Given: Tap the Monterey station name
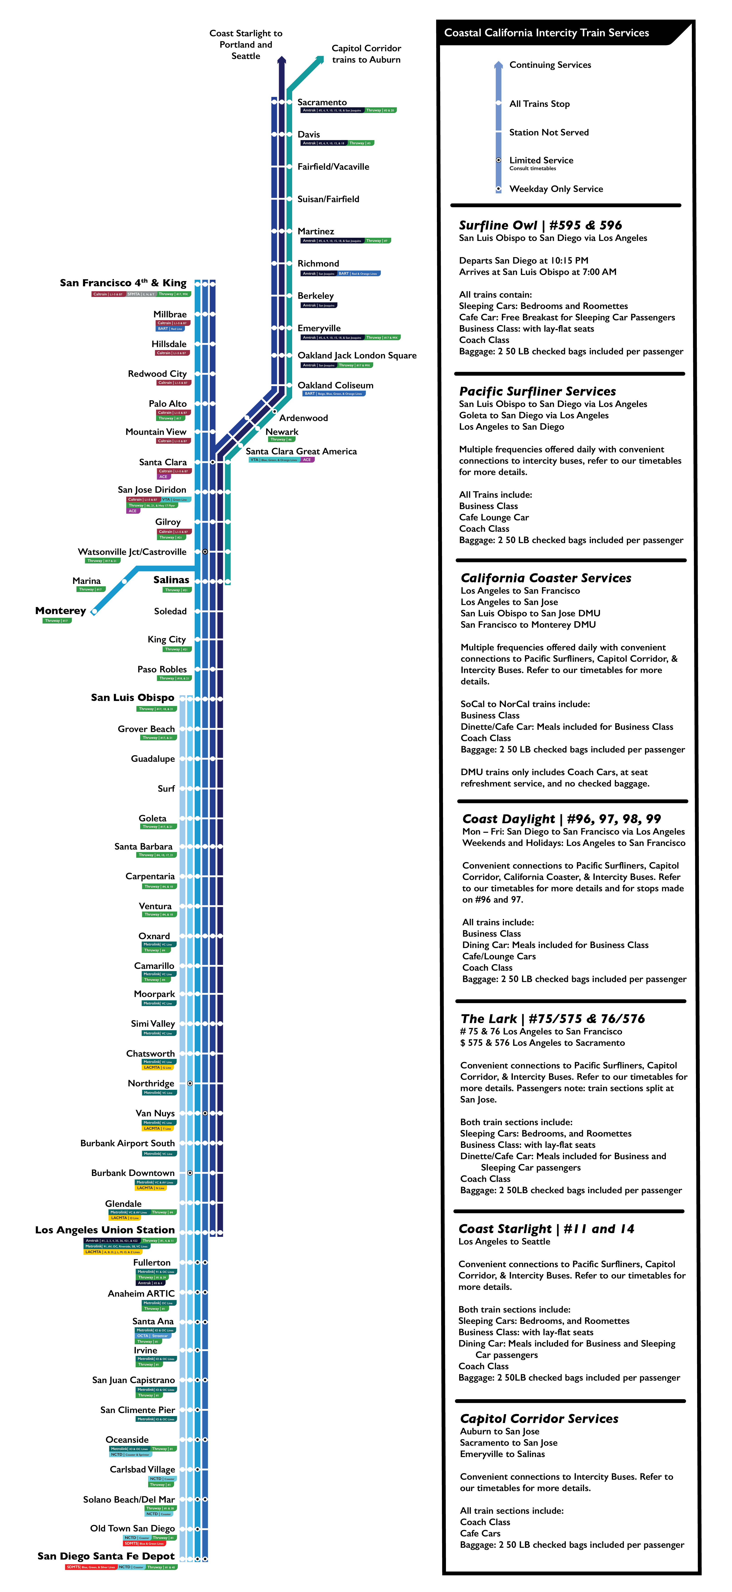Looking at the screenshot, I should tap(61, 611).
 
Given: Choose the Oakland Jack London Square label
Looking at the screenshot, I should tap(357, 355).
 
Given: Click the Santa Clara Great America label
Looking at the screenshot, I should tap(301, 451).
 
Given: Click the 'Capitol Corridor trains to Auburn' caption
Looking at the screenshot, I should tap(366, 54).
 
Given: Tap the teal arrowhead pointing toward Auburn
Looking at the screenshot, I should tap(319, 60).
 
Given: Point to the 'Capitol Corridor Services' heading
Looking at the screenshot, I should tap(539, 1418).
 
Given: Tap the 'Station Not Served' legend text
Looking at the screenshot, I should tap(548, 132).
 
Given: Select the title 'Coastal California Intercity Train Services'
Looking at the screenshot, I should tap(546, 33).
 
